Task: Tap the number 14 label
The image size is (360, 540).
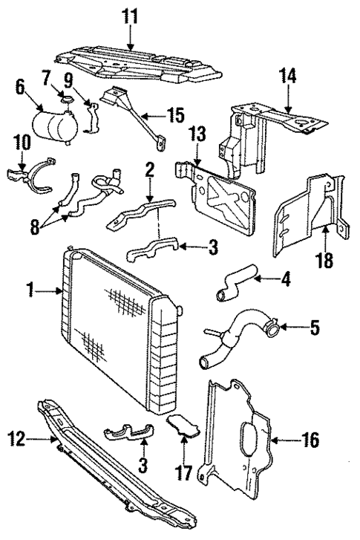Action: coord(287,74)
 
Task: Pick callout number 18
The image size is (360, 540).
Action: coord(326,262)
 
